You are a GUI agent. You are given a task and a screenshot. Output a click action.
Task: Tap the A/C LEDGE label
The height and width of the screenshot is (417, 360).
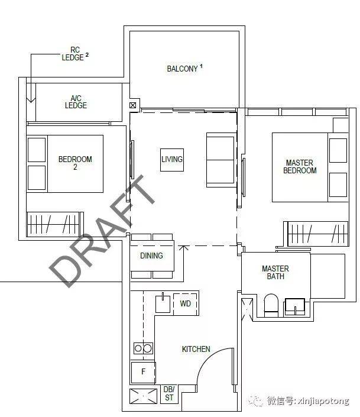click(x=76, y=102)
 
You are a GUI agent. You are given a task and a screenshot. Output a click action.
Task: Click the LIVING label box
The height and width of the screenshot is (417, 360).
click(x=172, y=160)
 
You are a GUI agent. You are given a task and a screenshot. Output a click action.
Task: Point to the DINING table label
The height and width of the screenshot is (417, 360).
click(x=151, y=256)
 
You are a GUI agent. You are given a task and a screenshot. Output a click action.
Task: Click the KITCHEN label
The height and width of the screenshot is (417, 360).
click(x=196, y=349)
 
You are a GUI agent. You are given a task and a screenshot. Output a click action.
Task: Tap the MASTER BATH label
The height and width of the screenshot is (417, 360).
click(x=275, y=272)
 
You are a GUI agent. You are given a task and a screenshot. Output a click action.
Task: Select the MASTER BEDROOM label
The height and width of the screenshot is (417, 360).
click(x=300, y=166)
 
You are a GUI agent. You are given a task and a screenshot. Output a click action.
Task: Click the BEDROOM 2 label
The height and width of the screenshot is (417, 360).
click(x=75, y=163)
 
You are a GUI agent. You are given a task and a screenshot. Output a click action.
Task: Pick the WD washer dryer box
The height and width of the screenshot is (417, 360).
click(x=185, y=303)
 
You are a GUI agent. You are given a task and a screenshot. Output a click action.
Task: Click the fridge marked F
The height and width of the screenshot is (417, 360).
click(x=143, y=372)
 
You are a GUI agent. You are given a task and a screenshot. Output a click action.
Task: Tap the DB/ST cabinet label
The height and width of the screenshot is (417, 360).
click(x=169, y=393)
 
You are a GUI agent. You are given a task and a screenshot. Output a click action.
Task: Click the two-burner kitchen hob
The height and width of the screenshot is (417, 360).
click(x=143, y=348)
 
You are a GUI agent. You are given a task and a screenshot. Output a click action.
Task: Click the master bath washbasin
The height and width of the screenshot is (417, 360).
click(x=295, y=306)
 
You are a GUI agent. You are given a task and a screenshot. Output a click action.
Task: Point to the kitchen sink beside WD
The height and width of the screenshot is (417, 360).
click(x=163, y=303)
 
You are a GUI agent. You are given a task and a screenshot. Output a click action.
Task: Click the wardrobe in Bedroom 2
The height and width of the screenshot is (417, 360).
click(x=55, y=224)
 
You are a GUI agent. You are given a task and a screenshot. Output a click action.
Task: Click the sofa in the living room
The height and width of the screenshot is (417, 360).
click(x=221, y=160)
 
